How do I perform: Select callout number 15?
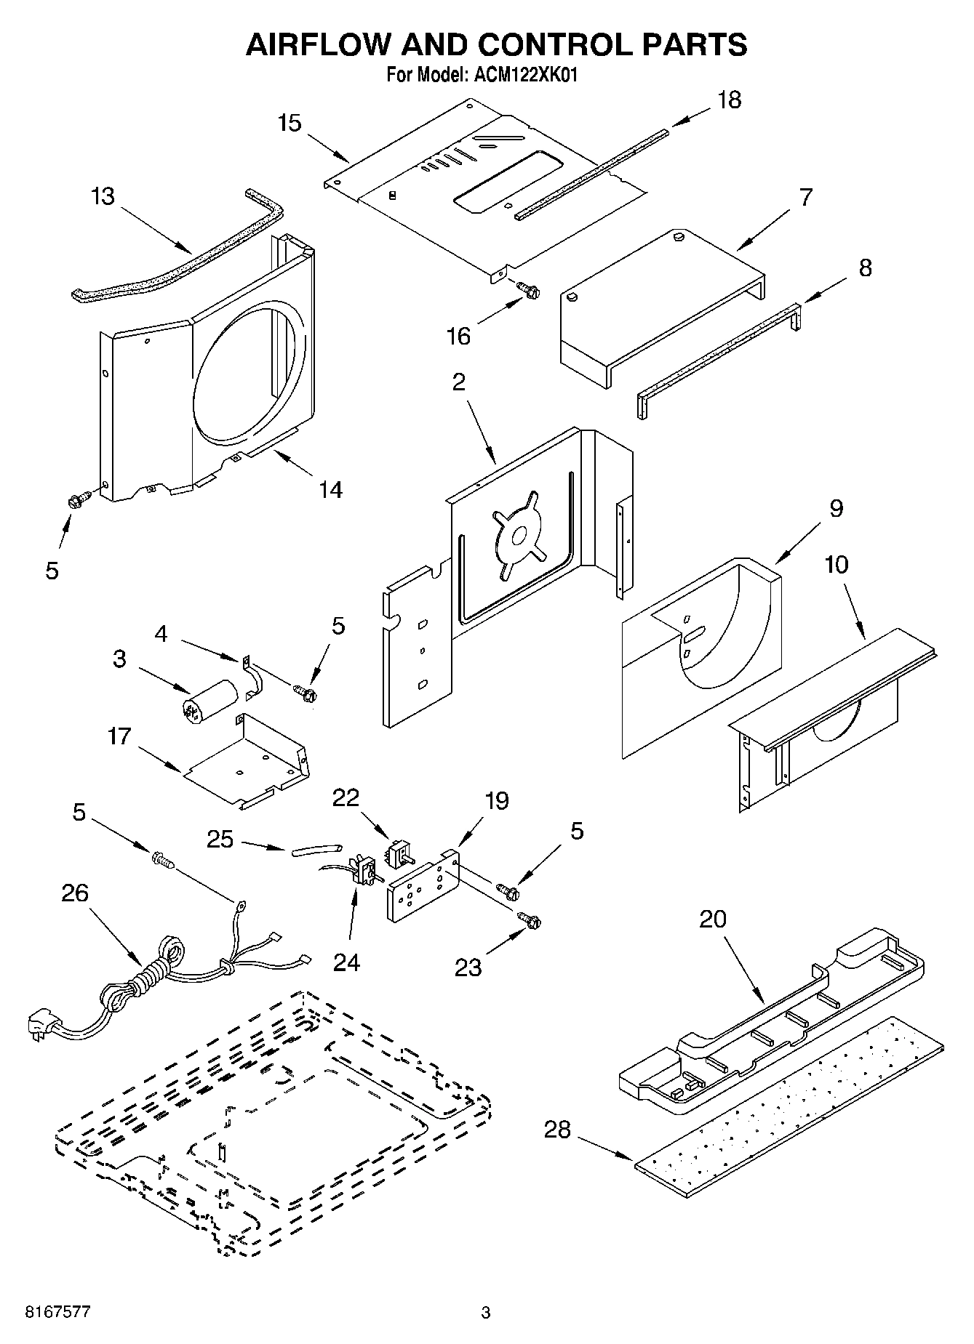[289, 123]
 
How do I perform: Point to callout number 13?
[103, 196]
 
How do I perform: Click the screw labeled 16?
[529, 291]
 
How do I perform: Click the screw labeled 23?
[530, 921]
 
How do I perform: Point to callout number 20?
[712, 919]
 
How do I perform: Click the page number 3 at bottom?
[486, 1313]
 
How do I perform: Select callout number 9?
[836, 508]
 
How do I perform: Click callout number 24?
[346, 962]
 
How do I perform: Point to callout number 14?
[330, 489]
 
